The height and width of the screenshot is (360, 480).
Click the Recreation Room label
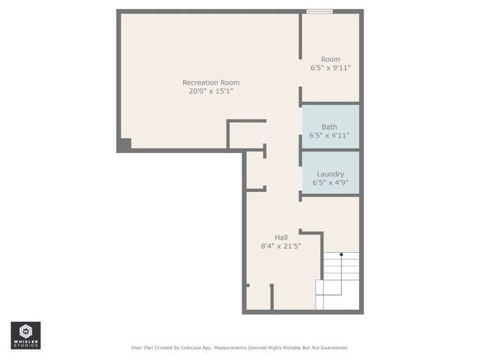tap(211, 82)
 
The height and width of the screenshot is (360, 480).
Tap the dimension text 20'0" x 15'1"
tap(211, 91)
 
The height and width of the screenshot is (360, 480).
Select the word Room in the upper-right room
tap(330, 59)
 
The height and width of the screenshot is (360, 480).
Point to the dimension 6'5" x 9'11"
tap(330, 68)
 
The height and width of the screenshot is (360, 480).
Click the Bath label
tap(329, 127)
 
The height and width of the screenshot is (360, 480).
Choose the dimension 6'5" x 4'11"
tap(329, 136)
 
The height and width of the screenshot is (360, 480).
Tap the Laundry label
tap(330, 174)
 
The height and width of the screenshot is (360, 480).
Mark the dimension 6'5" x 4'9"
tap(330, 183)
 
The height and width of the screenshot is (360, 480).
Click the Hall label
tap(280, 238)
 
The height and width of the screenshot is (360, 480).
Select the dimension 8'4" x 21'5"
tap(280, 247)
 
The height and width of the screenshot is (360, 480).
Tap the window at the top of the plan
tap(320, 11)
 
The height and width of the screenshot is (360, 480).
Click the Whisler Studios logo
tap(25, 334)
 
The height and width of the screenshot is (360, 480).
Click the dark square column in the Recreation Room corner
tap(124, 145)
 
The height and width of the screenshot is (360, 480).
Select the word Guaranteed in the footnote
tap(332, 348)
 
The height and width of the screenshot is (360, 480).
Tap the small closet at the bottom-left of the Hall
tap(259, 297)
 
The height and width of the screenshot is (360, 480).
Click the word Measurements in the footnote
tap(236, 348)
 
